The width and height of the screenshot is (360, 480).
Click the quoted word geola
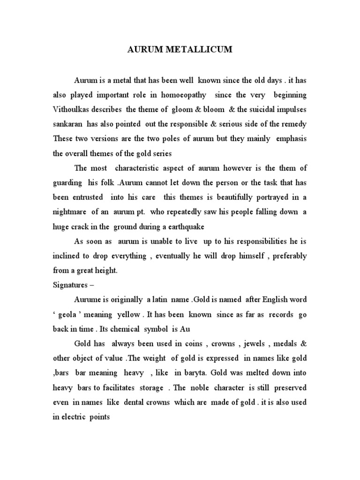[x=75, y=315]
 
